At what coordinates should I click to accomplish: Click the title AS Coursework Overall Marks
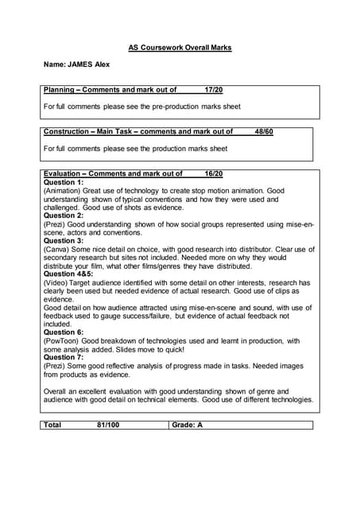(180, 48)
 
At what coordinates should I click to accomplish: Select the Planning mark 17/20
(214, 91)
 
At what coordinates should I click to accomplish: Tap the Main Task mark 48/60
(264, 132)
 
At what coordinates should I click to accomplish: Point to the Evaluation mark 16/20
(214, 173)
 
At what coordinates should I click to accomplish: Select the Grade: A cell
(188, 425)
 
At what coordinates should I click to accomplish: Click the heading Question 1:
(64, 182)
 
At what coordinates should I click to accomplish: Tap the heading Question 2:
(64, 216)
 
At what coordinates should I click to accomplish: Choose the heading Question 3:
(64, 240)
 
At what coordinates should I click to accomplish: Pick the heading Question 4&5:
(68, 274)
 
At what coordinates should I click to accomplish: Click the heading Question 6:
(64, 332)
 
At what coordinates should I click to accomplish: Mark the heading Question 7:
(64, 357)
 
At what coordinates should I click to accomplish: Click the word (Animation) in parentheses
(62, 191)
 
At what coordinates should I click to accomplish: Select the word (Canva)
(56, 249)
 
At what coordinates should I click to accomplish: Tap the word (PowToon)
(60, 340)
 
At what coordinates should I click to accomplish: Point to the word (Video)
(56, 282)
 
